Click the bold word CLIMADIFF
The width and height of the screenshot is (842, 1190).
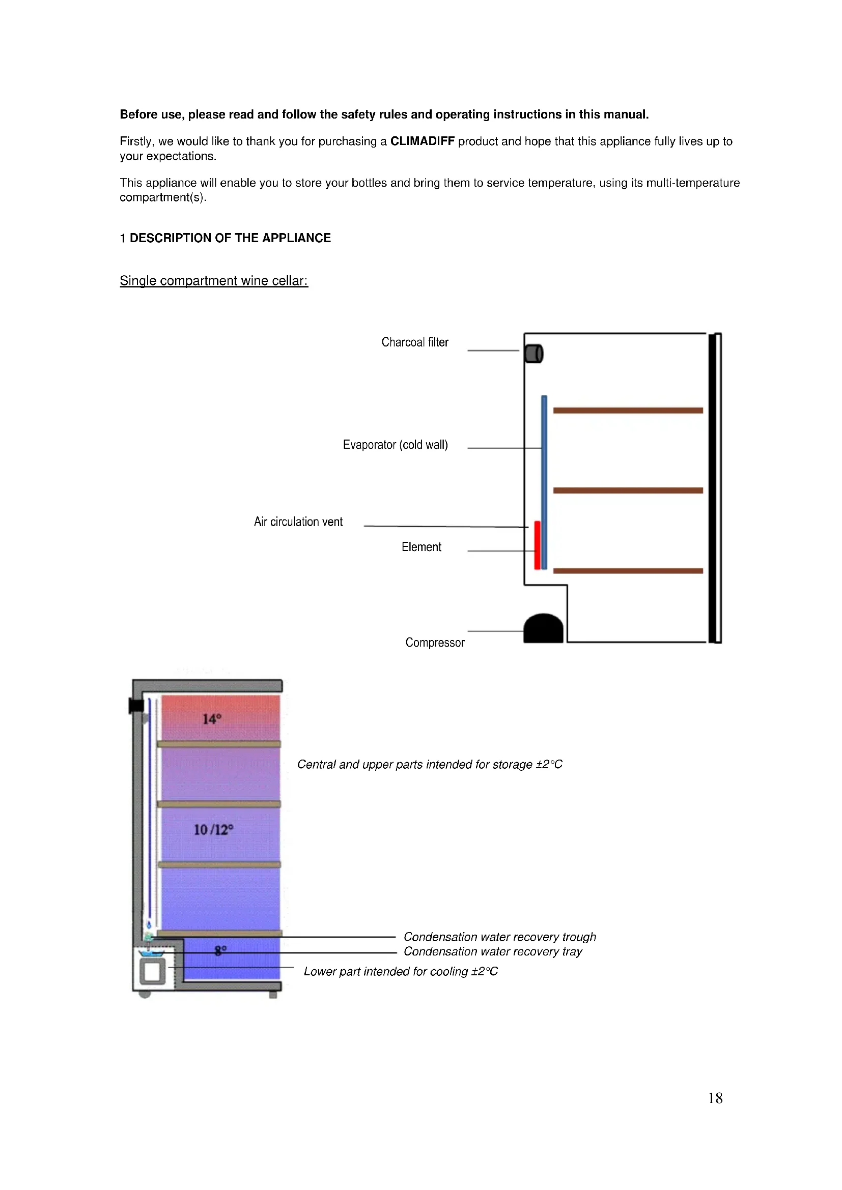[422, 141]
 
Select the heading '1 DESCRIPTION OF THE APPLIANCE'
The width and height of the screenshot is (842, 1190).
[225, 238]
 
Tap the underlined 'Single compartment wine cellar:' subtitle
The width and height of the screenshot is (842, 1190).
[214, 280]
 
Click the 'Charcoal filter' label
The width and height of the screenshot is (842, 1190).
[415, 342]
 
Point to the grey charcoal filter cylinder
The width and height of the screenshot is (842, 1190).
[534, 354]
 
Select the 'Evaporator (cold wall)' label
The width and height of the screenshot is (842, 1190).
[395, 445]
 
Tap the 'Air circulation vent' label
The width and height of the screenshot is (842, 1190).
[298, 522]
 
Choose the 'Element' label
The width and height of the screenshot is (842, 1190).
[421, 547]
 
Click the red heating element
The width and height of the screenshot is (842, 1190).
[538, 545]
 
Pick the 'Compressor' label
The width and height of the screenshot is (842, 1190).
[434, 643]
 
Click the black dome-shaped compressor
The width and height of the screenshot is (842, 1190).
[543, 629]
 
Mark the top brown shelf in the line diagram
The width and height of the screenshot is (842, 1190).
[628, 411]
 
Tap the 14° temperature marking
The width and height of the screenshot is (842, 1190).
[212, 719]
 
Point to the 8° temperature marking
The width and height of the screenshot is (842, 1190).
[220, 950]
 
